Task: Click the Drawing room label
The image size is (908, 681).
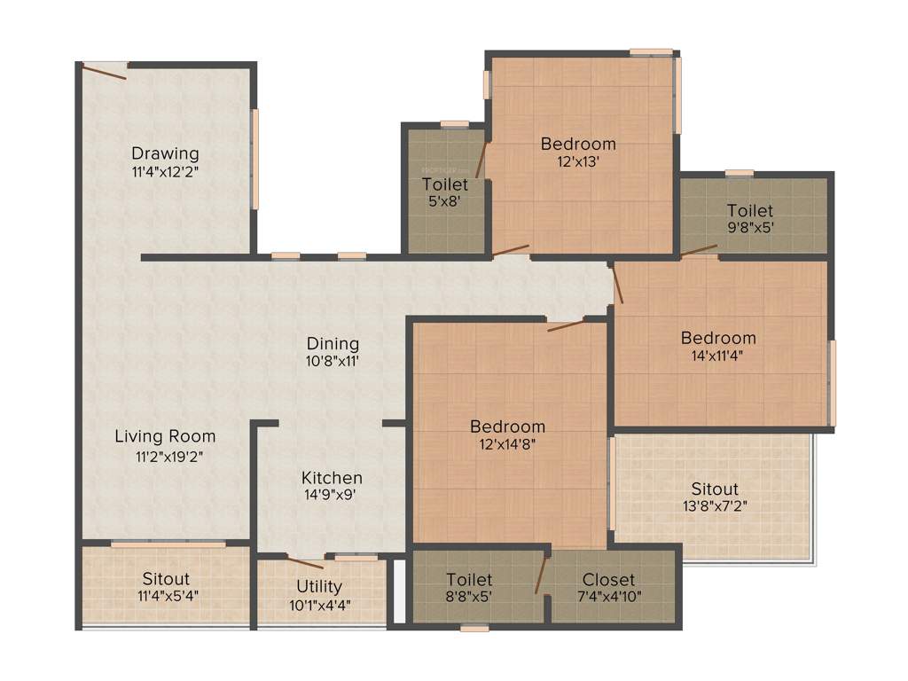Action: tap(165, 153)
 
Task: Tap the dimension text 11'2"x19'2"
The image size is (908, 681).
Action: tap(165, 457)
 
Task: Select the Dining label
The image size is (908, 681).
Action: tap(333, 343)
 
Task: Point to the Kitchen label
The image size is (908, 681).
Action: tap(331, 478)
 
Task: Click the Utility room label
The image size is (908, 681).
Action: tap(319, 586)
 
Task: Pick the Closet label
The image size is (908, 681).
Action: tap(608, 580)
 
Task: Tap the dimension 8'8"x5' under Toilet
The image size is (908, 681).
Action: tap(469, 597)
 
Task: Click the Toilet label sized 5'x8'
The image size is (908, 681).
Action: tap(445, 184)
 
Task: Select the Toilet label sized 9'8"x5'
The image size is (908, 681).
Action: tap(750, 211)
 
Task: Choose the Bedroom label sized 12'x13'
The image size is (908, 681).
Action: tap(578, 144)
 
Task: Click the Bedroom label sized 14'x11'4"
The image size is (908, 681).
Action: tap(718, 338)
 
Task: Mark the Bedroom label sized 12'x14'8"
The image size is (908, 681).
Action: tap(507, 427)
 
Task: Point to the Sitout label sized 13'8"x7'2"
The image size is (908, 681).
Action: tap(715, 489)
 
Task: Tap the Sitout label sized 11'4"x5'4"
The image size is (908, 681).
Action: tap(166, 579)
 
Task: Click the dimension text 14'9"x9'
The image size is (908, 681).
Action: tap(331, 496)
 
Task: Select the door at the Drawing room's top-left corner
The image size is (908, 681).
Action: tap(104, 71)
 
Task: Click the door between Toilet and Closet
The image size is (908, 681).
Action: tap(540, 575)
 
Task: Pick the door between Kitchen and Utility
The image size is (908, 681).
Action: tap(305, 560)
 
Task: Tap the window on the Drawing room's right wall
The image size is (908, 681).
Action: tap(254, 159)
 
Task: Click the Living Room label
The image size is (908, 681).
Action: tap(165, 436)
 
